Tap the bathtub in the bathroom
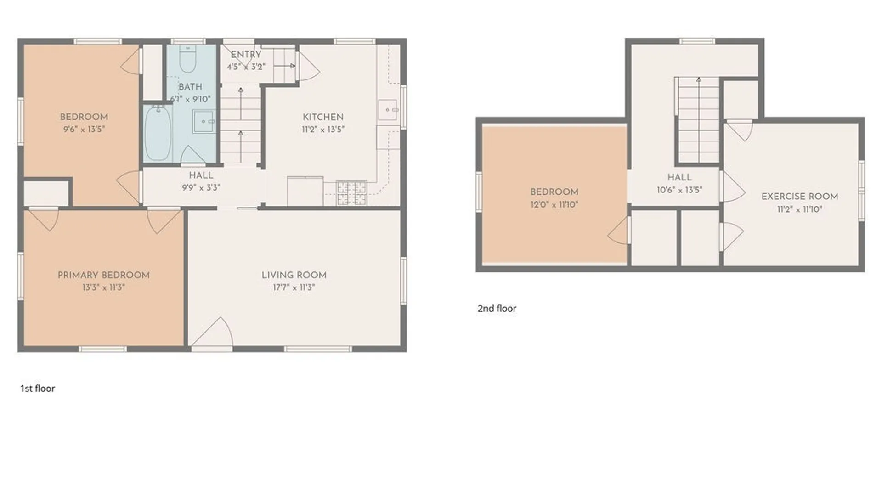[x=158, y=133]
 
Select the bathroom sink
[x=204, y=121]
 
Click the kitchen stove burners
[x=351, y=193]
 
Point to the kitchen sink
[x=387, y=110]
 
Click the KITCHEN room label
[x=323, y=117]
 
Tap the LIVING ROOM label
[x=294, y=275]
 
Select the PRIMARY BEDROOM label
[x=103, y=275]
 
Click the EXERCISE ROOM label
[x=800, y=197]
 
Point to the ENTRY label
[x=246, y=55]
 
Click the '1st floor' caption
[x=38, y=389]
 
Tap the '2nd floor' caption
[x=497, y=309]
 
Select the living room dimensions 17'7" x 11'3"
[x=294, y=287]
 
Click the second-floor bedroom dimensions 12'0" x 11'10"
[x=554, y=205]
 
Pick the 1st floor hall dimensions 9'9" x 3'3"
[x=201, y=187]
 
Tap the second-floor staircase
[x=698, y=120]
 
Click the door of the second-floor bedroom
[x=619, y=231]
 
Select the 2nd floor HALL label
[x=679, y=177]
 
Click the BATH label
[x=190, y=87]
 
